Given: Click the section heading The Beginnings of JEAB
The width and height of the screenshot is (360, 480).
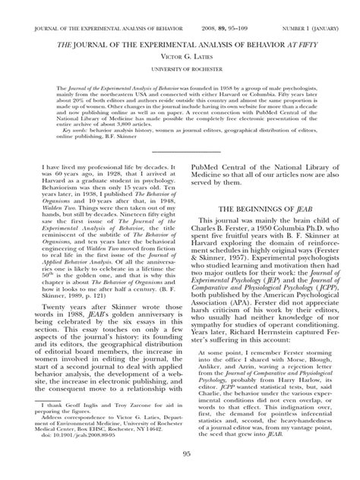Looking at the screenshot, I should coord(262,207).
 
